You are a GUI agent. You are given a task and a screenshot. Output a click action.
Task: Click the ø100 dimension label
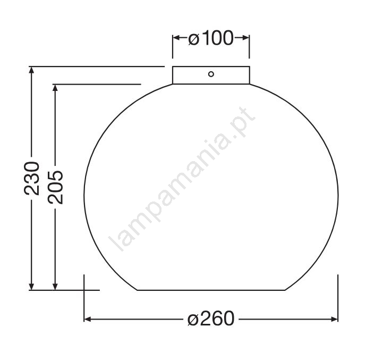pos(210,38)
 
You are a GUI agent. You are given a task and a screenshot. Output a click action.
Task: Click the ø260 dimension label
pos(211,318)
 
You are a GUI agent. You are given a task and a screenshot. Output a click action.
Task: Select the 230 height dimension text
pos(32,178)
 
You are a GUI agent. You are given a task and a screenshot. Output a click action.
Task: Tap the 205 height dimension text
pos(55,187)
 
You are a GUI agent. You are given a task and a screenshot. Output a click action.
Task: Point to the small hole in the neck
pos(211,74)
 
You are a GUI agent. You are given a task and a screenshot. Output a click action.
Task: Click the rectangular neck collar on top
pos(211,75)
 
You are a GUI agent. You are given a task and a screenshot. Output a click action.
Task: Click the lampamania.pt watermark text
pos(182,179)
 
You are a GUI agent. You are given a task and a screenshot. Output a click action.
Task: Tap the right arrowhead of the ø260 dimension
pos(334,319)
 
